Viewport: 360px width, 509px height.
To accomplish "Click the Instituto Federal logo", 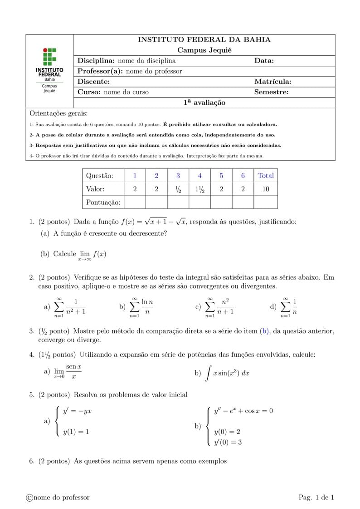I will (x=49, y=70).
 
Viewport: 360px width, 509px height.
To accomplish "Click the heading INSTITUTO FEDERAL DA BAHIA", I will (x=204, y=40).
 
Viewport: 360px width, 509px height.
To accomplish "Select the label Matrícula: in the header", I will (x=272, y=82).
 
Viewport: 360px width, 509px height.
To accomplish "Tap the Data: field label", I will (x=264, y=61).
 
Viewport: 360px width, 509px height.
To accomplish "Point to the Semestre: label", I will (x=271, y=92).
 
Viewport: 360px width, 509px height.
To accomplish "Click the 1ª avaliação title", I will (x=204, y=103).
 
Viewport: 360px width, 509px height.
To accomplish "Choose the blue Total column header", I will (x=266, y=176).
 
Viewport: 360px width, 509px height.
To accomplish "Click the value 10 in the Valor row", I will (x=266, y=189).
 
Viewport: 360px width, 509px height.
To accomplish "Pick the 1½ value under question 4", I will (x=199, y=189).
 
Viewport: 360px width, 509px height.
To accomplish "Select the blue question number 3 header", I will (x=178, y=176).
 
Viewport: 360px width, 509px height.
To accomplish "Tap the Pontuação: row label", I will (x=103, y=203).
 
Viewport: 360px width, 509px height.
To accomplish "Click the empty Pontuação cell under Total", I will (x=266, y=202).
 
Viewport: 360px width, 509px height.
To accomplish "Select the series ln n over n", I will (x=141, y=307).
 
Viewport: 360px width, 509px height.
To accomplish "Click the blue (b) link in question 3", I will (x=265, y=331).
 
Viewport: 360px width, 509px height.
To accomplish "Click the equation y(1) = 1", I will (x=76, y=432).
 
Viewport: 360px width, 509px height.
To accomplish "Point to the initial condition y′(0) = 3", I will (x=228, y=442).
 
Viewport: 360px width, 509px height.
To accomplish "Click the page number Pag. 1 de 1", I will (x=316, y=498).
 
